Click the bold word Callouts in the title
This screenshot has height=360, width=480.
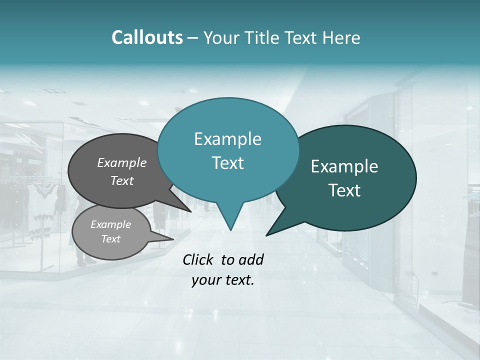pos(147,37)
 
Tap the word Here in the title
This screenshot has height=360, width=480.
pos(342,37)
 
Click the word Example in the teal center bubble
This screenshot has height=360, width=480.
pos(227,139)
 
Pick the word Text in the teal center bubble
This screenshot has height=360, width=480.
pos(227,163)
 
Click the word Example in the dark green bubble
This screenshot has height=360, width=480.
pos(344,166)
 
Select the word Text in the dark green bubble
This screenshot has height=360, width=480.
pos(344,190)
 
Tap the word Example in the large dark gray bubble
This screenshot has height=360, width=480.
pos(122,162)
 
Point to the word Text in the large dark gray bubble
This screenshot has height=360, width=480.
pos(122,180)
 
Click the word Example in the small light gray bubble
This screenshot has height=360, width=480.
pos(111,224)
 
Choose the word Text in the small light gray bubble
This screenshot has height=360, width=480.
pos(111,239)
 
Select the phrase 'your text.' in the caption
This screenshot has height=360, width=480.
pos(223,280)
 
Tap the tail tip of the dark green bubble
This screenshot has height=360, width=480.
pos(267,235)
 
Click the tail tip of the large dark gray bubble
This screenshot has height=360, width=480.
pos(190,211)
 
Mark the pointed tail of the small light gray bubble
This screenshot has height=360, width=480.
pos(172,238)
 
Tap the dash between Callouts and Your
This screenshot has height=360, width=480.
pos(193,37)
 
